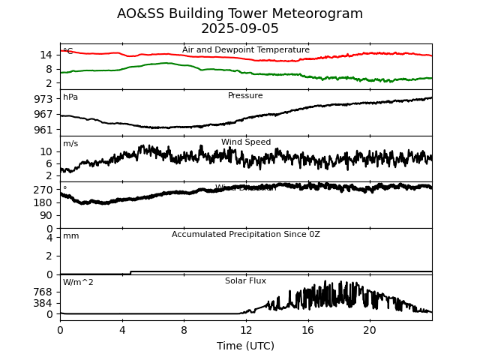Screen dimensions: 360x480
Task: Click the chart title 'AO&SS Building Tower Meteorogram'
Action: click(240, 13)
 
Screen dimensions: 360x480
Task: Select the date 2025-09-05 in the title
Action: click(240, 29)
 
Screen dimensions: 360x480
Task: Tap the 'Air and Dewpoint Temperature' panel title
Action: click(246, 50)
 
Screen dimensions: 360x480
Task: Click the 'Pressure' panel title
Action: click(245, 96)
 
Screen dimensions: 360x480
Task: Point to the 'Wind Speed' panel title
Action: click(246, 142)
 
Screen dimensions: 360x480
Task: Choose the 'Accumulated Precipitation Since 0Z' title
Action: click(246, 235)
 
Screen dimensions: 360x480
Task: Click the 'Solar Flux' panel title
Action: click(245, 281)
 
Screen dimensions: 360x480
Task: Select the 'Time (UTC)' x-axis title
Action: click(245, 346)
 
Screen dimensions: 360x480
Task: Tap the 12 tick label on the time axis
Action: click(246, 330)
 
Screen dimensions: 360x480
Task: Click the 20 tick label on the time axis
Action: click(370, 330)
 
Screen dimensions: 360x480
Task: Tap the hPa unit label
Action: click(70, 97)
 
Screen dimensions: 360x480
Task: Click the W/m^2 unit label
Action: click(78, 283)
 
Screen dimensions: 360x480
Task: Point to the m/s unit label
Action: click(70, 144)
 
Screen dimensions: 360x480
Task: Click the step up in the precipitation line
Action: click(131, 272)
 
